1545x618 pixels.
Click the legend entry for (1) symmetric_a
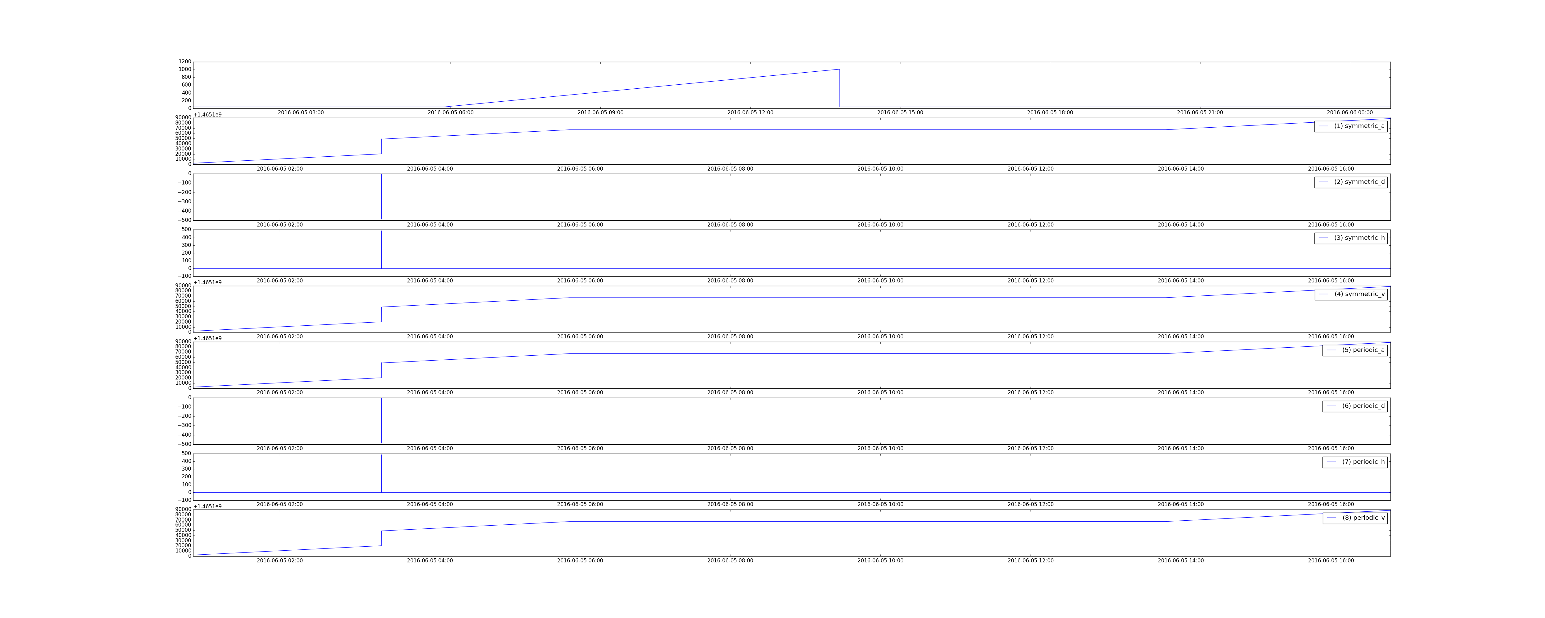[x=1351, y=126]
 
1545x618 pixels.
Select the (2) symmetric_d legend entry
[x=1351, y=182]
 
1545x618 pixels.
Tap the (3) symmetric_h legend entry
[x=1351, y=238]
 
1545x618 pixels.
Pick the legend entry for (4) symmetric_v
[x=1351, y=294]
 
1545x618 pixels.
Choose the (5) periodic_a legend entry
[x=1355, y=350]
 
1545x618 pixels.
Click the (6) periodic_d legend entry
[x=1355, y=406]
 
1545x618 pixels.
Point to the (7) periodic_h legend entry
[x=1355, y=462]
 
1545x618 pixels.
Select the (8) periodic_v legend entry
[x=1355, y=518]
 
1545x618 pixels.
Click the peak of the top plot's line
[x=839, y=70]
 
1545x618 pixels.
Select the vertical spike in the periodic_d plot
[x=381, y=421]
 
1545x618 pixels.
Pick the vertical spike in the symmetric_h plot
[x=381, y=250]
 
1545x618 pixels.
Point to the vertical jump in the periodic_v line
[x=381, y=538]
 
